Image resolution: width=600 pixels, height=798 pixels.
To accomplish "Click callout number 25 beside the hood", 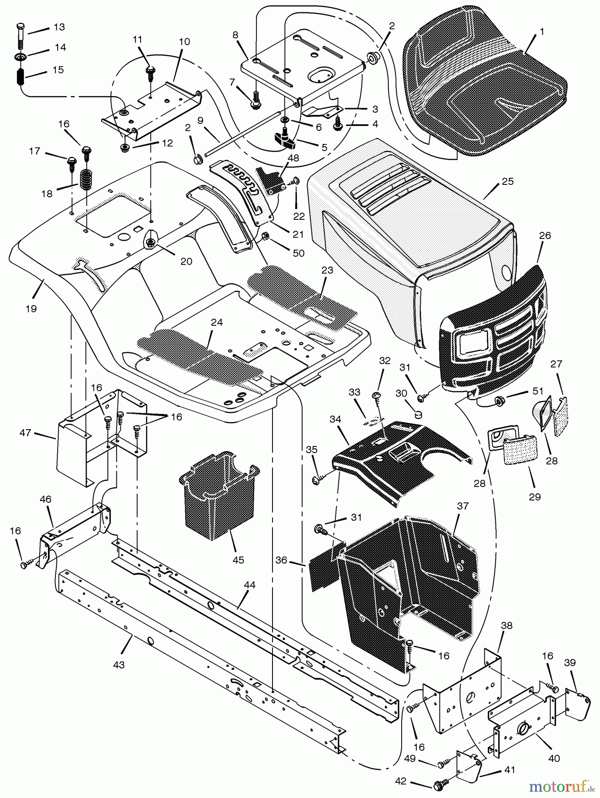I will (507, 182).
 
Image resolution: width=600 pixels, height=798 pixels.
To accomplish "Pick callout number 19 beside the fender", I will (31, 309).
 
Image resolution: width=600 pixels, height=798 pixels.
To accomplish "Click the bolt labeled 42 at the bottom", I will (438, 785).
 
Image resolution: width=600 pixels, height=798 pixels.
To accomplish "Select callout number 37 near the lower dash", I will (463, 506).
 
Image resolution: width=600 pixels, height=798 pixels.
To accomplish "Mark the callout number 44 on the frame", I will (249, 585).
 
